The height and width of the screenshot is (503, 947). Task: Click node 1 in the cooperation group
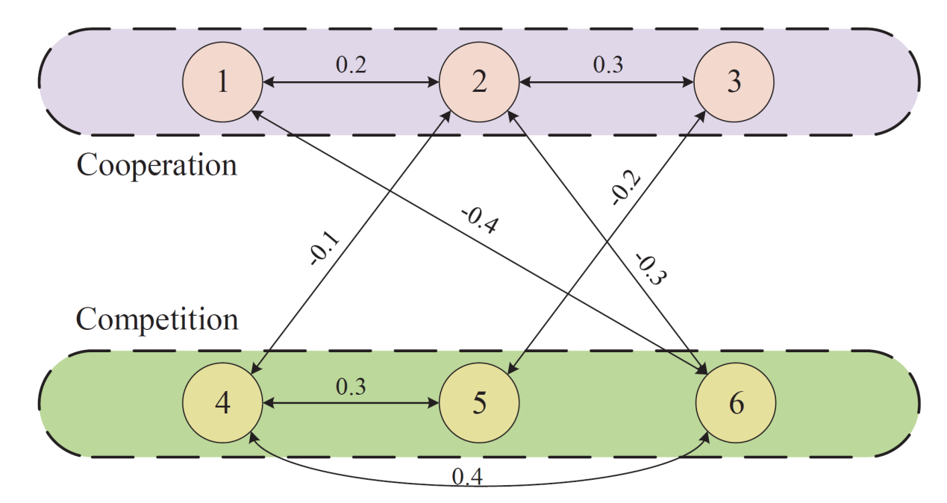(x=222, y=81)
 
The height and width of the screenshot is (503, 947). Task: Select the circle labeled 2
(x=478, y=81)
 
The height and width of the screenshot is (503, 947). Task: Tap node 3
(x=734, y=81)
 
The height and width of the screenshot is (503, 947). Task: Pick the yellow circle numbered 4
(x=222, y=403)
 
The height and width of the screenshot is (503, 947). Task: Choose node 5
(x=478, y=403)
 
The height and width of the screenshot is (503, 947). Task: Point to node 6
(x=736, y=403)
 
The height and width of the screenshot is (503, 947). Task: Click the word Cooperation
(x=157, y=164)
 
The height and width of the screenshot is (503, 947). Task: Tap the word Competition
(x=157, y=319)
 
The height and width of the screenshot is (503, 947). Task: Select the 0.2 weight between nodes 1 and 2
(x=351, y=65)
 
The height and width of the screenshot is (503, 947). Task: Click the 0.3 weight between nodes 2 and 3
(x=607, y=65)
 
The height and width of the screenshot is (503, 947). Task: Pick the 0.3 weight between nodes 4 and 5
(x=351, y=387)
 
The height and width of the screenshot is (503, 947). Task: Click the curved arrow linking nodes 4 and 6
(x=478, y=487)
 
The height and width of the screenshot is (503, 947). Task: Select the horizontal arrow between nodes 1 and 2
(x=351, y=81)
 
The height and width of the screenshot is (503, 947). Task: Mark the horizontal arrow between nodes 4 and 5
(x=351, y=404)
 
